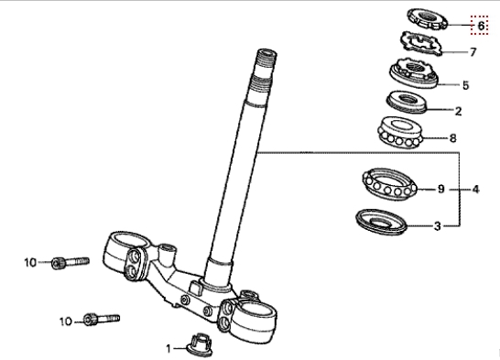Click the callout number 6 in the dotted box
click(481, 26)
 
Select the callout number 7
click(473, 51)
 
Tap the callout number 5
click(465, 85)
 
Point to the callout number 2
click(458, 111)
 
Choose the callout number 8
click(452, 138)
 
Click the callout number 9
click(440, 189)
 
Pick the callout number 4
click(475, 189)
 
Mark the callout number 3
click(438, 225)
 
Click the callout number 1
click(168, 348)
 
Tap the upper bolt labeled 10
click(71, 263)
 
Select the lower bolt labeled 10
click(102, 319)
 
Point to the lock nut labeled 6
click(428, 19)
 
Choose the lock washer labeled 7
click(421, 43)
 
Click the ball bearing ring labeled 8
click(400, 132)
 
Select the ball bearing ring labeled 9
click(390, 184)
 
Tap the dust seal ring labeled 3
click(381, 222)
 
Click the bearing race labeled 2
click(407, 102)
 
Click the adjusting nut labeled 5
click(414, 73)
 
